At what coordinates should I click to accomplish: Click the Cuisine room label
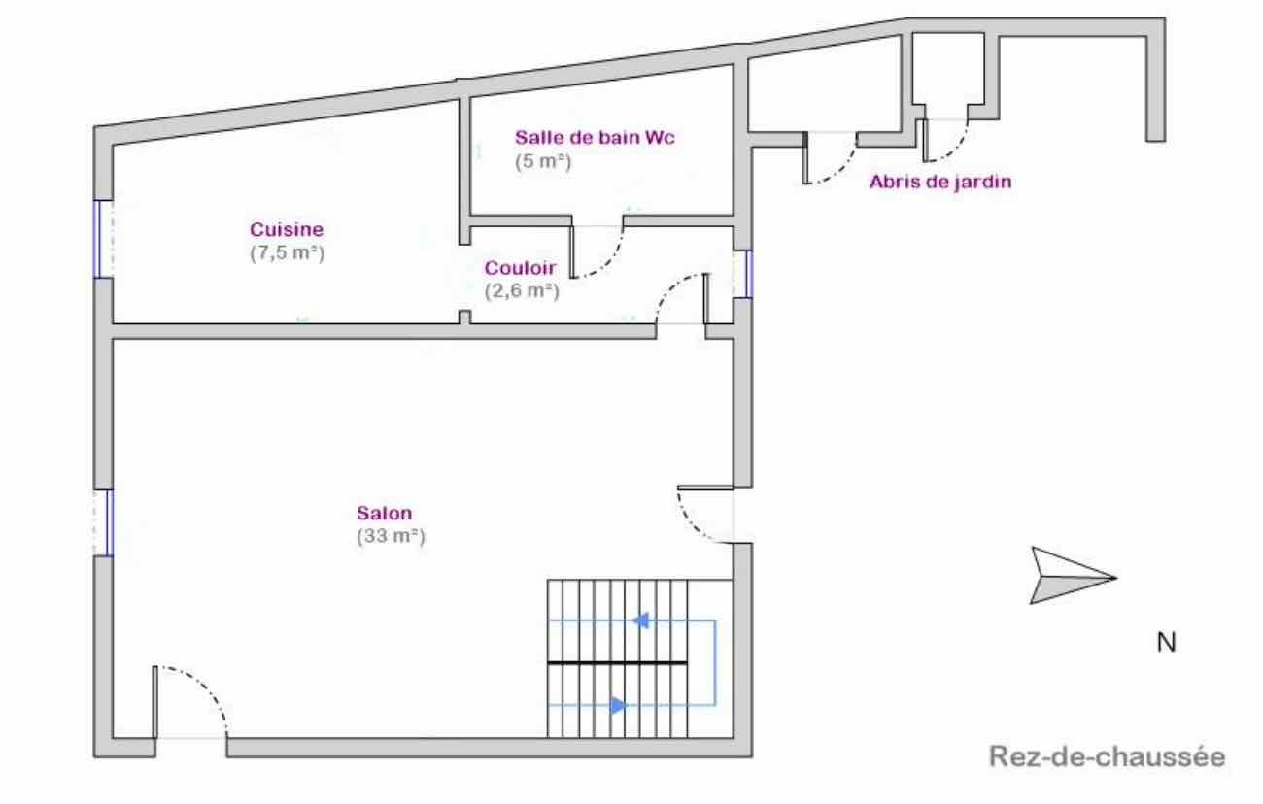[287, 230]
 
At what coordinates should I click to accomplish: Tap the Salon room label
[384, 514]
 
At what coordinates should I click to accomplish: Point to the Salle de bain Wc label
[595, 137]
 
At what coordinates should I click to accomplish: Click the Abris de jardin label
[940, 181]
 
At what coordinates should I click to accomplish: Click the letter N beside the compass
[1166, 642]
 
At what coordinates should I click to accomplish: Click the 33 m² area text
[392, 535]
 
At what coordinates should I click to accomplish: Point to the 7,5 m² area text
[287, 252]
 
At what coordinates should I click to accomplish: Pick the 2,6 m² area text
[521, 288]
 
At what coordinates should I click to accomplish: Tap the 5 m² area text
[542, 161]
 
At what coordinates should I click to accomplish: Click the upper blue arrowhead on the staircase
[641, 620]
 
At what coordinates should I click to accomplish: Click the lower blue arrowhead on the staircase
[618, 705]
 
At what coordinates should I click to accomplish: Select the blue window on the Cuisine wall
[102, 238]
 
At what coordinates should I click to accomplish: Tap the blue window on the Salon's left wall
[104, 522]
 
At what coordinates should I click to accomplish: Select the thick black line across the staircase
[617, 662]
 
